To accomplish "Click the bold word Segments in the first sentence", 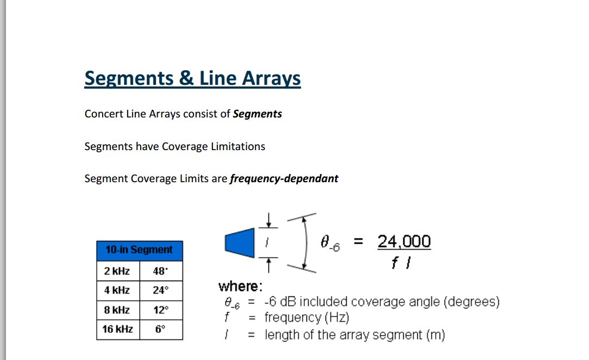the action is click(x=258, y=114).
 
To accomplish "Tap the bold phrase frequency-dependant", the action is click(x=284, y=178).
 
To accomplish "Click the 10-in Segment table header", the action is click(x=140, y=251).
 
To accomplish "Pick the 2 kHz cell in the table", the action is click(x=118, y=271).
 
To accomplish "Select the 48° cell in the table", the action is click(x=161, y=271).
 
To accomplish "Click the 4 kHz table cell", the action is click(x=118, y=290).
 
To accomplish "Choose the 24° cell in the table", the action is click(x=161, y=290).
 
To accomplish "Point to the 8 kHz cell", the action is click(x=118, y=310).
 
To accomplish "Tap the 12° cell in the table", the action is click(x=161, y=310).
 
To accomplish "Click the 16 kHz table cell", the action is click(x=118, y=330).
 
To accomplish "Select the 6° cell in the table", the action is click(x=161, y=330).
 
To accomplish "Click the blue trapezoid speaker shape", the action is click(x=240, y=243).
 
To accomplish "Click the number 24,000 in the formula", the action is click(x=404, y=241).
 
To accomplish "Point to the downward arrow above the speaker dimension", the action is click(x=268, y=220).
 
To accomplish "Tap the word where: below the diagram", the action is click(x=240, y=287).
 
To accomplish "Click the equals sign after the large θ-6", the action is click(x=359, y=241).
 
